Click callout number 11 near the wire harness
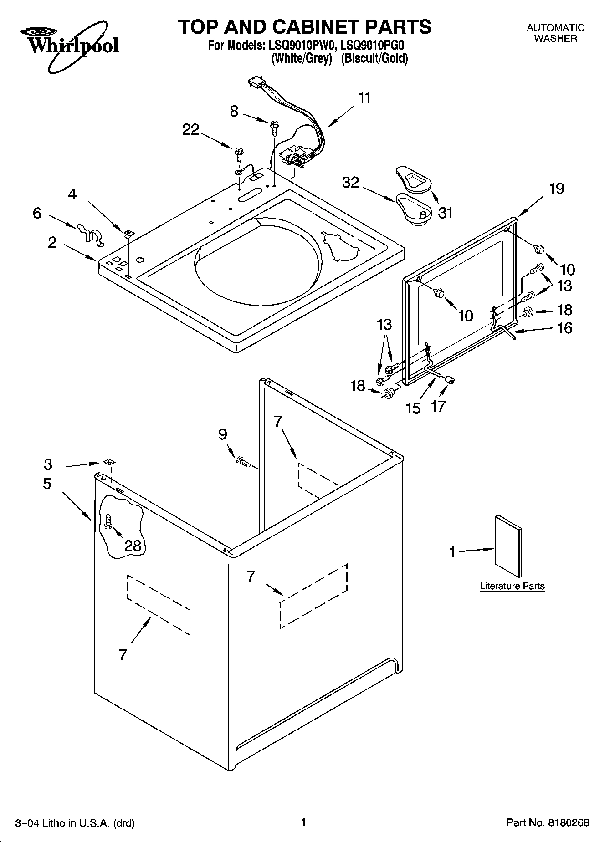pyautogui.click(x=364, y=98)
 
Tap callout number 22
pyautogui.click(x=191, y=130)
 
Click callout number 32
pyautogui.click(x=351, y=182)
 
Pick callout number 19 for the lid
pyautogui.click(x=557, y=189)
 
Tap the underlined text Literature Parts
pyautogui.click(x=512, y=586)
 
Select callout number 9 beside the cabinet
pyautogui.click(x=222, y=434)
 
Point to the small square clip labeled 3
pyautogui.click(x=109, y=462)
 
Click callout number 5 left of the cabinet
pyautogui.click(x=47, y=484)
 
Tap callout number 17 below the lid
pyautogui.click(x=438, y=406)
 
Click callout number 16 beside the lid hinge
pyautogui.click(x=565, y=328)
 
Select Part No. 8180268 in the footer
pyautogui.click(x=548, y=822)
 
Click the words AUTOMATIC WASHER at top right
pyautogui.click(x=555, y=33)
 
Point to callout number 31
pyautogui.click(x=445, y=212)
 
